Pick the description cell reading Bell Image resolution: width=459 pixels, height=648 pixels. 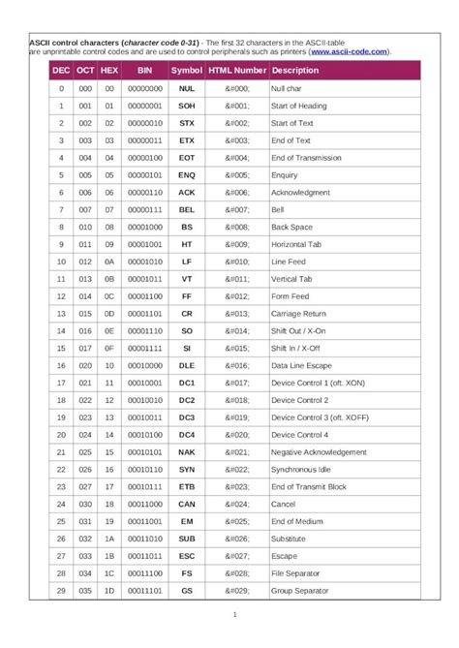pos(278,209)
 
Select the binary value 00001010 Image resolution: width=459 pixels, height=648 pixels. pos(145,262)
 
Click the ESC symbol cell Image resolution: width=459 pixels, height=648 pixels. pos(187,556)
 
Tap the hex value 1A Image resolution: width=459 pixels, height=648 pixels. pos(110,539)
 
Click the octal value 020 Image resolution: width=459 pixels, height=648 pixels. pos(86,365)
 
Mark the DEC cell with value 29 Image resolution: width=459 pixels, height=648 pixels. pos(60,591)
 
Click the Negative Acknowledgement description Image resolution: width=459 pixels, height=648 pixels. pos(319,452)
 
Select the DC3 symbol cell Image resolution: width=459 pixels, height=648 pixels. pos(187,417)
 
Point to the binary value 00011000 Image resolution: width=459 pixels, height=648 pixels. pos(145,504)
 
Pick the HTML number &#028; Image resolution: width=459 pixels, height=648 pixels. pos(237,573)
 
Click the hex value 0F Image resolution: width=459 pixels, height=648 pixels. pos(110,348)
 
